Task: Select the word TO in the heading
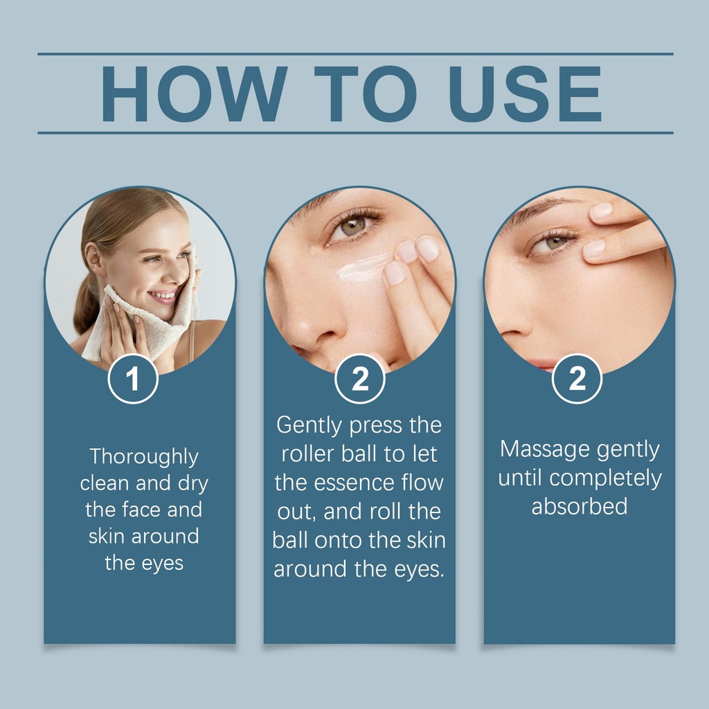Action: point(366,94)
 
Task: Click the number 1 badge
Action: point(133,379)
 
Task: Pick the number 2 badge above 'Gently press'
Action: point(360,379)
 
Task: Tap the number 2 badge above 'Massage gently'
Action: point(577,379)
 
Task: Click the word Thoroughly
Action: point(144,457)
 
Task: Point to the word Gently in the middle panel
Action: point(309,426)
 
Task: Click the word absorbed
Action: point(580,506)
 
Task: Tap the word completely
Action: point(605,478)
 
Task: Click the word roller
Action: point(308,454)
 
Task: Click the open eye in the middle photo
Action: point(352,226)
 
